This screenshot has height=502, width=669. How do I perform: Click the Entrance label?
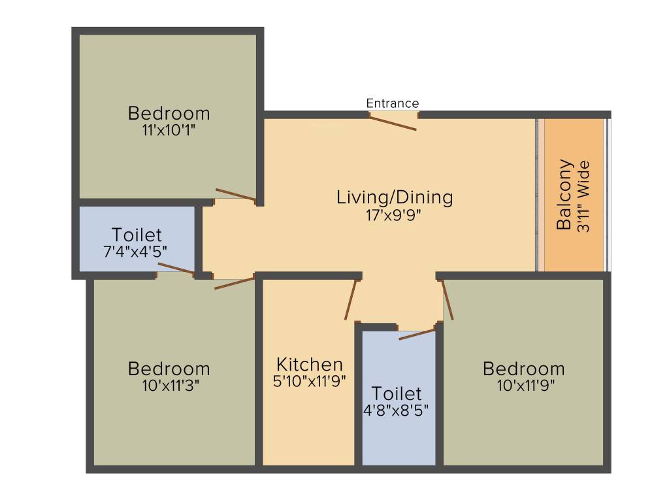pos(393,103)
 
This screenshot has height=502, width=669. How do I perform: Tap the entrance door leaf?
pos(393,122)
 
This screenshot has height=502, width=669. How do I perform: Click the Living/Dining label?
pos(395,197)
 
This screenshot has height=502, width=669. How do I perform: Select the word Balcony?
pos(564,195)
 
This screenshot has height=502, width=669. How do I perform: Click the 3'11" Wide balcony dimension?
pos(583,196)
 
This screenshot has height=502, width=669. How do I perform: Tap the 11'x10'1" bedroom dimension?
pos(169,130)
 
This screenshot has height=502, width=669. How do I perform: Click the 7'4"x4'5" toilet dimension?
pos(135,252)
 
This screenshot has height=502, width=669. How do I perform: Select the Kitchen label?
pos(310,365)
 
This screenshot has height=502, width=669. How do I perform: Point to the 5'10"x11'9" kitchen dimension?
pos(309,381)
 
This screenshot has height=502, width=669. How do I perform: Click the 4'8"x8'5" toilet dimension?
pos(396,410)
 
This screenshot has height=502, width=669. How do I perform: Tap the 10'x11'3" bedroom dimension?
pos(171,386)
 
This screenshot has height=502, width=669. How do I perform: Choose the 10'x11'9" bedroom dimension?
pos(526,386)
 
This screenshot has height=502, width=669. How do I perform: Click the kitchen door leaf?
pos(351,299)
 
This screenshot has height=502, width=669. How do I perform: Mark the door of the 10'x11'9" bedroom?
pos(447,299)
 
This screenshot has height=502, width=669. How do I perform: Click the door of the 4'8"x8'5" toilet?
pos(417,334)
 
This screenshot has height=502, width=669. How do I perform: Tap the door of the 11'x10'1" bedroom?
pos(235,194)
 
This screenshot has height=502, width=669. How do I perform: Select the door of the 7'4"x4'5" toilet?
pos(176,269)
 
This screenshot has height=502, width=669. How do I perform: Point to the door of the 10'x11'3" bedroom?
pos(235,283)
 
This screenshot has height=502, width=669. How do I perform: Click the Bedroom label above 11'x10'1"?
pos(169,114)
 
